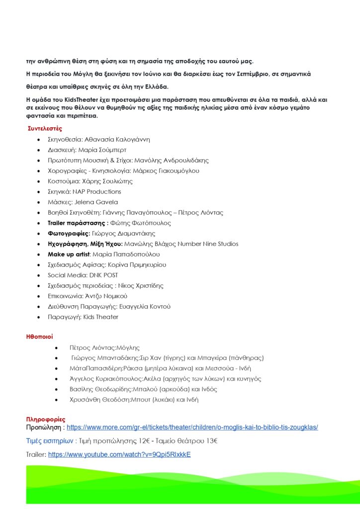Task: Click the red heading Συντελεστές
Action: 45,129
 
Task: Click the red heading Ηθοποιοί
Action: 39,337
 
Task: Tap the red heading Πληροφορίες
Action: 46,420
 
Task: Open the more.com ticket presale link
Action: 192,427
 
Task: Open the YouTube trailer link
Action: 119,454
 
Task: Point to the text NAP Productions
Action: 97,191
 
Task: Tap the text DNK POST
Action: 103,275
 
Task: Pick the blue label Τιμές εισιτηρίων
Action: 50,440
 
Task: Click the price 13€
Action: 212,440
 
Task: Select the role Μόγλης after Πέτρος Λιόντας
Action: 127,347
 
